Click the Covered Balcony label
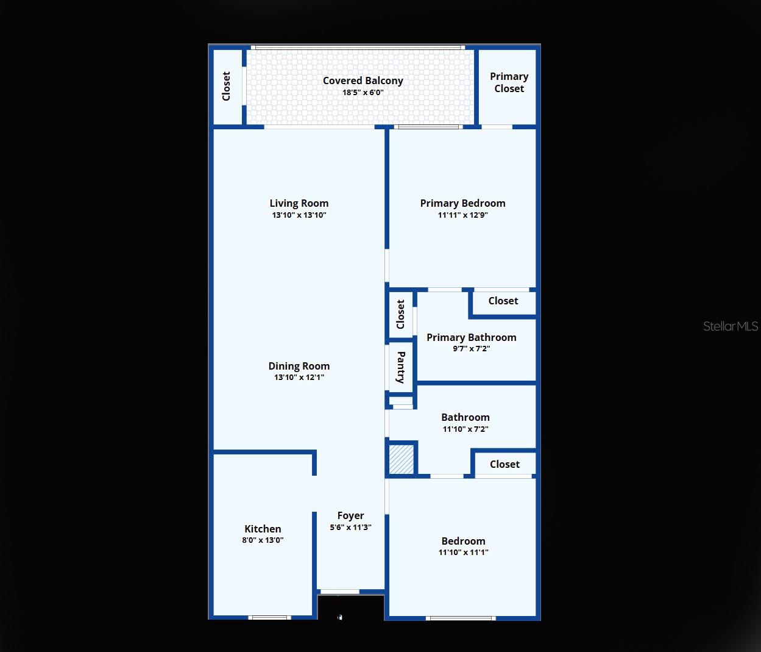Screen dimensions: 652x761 [363, 81]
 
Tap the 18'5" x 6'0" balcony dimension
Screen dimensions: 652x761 [363, 93]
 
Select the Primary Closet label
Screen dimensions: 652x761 [509, 82]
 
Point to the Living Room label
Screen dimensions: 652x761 [299, 203]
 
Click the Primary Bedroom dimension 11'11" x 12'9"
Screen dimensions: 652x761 [462, 215]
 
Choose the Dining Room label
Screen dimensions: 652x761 [299, 366]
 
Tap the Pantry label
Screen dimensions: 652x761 [401, 367]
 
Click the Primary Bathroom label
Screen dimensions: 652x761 [471, 337]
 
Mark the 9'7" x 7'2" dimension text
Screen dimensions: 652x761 [471, 349]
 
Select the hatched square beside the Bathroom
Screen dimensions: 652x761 [402, 459]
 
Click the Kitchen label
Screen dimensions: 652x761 [263, 529]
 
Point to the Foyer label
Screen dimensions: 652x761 [350, 515]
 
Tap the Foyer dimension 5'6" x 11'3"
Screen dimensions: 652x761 [350, 527]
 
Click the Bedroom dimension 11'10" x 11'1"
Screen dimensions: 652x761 [463, 553]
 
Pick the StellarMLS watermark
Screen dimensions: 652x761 [730, 326]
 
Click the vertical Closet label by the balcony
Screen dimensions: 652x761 [227, 86]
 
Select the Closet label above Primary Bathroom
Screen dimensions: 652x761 [503, 301]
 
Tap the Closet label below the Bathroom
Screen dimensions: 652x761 [504, 464]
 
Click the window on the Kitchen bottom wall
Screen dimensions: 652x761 [269, 618]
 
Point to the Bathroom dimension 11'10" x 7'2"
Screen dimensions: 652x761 [465, 429]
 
